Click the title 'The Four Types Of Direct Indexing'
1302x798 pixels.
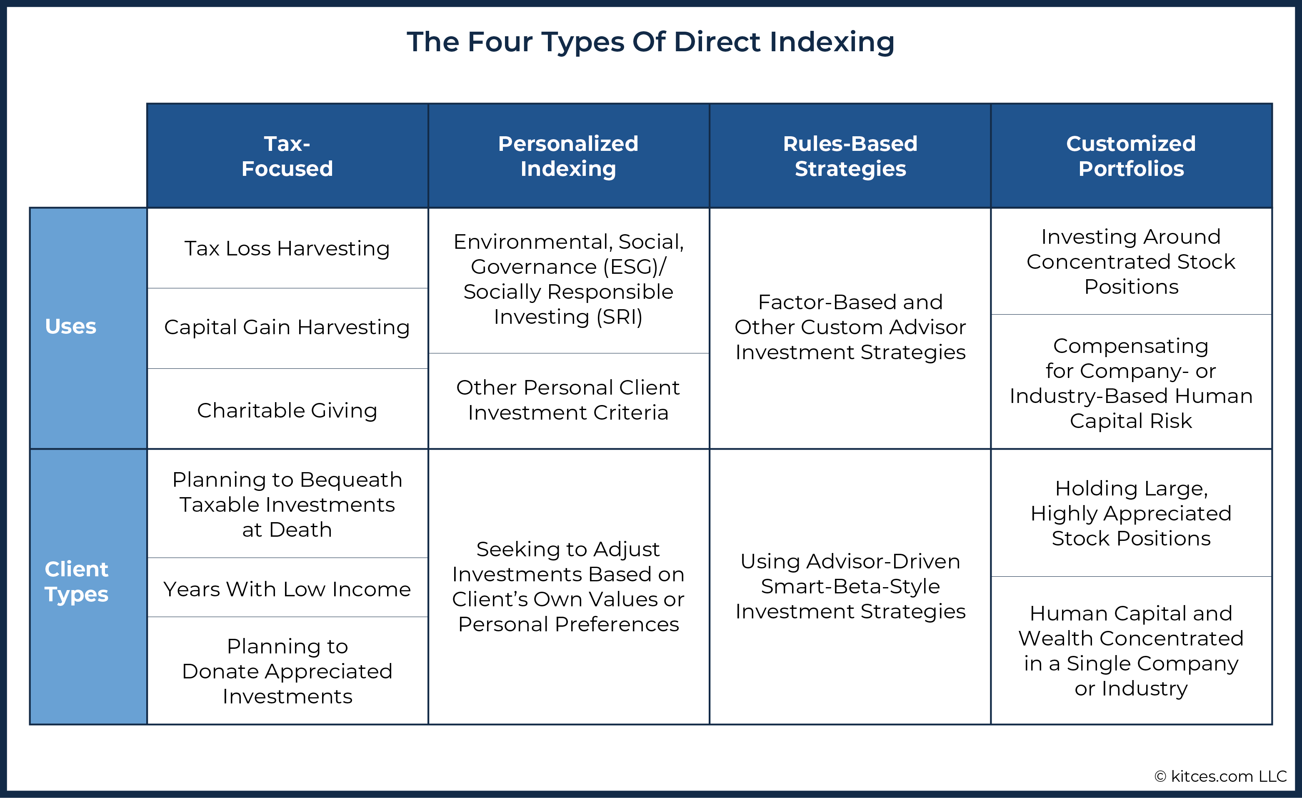pos(650,42)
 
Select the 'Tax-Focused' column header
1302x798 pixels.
pos(287,156)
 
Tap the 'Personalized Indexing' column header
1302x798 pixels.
pos(569,156)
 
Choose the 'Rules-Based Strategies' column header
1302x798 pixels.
pos(850,156)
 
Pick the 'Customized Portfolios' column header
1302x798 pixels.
pos(1131,156)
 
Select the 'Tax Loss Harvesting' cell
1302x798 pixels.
pos(287,248)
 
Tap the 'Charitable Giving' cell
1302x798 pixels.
pos(287,409)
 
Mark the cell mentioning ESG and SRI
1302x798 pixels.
pos(569,280)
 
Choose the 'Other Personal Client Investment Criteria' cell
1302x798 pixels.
pos(569,400)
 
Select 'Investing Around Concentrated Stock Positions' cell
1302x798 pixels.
pos(1131,261)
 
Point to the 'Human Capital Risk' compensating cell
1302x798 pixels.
pos(1131,382)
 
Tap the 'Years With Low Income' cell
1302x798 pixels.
pos(287,588)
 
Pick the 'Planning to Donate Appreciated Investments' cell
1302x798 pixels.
pos(287,670)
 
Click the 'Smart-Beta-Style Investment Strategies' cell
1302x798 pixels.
pos(850,587)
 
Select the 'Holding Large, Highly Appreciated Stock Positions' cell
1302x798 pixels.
pos(1131,513)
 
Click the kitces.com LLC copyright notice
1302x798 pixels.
pos(1221,776)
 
